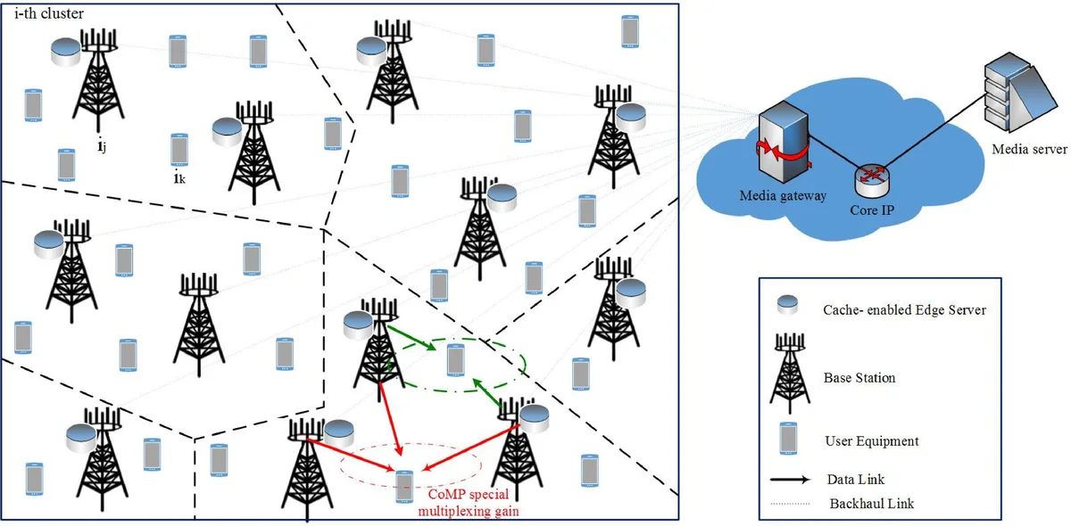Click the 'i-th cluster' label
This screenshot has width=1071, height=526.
click(50, 13)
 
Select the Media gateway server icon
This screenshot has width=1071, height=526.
click(782, 134)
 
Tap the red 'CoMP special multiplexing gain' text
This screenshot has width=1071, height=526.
click(472, 503)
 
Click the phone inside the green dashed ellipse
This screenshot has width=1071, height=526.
click(455, 359)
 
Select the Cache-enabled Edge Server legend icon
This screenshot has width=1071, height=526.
click(787, 306)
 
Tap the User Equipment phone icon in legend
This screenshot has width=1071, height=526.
click(787, 438)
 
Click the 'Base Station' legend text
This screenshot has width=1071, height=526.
click(859, 378)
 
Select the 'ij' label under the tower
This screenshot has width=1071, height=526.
click(103, 145)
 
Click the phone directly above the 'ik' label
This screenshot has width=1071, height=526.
click(178, 149)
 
